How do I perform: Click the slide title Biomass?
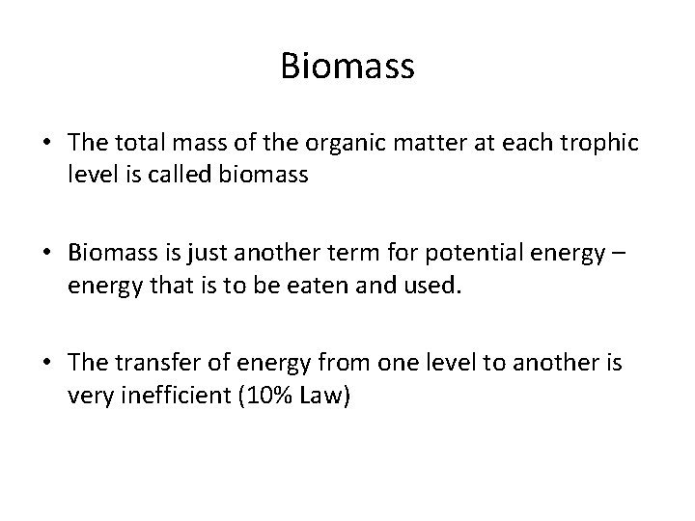[x=347, y=67]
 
